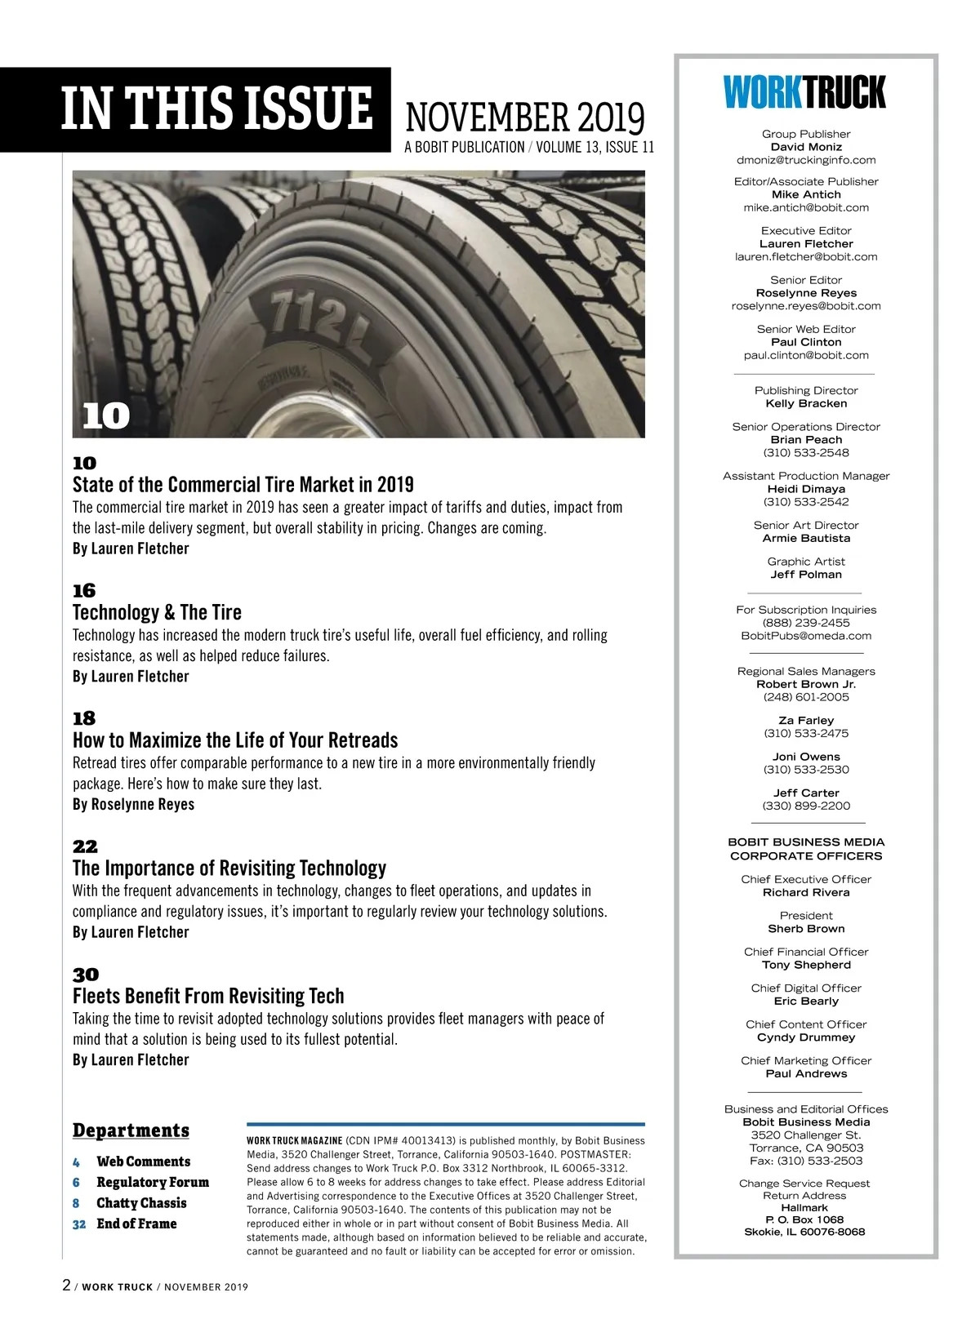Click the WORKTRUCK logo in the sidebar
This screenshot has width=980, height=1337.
tap(804, 92)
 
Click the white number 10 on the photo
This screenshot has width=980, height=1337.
tap(106, 416)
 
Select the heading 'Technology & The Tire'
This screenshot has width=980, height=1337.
tap(157, 612)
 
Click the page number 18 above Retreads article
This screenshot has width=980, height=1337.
tap(84, 718)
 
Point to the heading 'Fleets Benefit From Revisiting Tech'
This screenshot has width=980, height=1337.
tap(208, 996)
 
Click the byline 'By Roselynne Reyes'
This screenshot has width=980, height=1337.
tap(133, 804)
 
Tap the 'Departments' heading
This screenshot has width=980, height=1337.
tap(131, 1130)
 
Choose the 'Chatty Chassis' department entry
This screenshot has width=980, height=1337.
tap(141, 1203)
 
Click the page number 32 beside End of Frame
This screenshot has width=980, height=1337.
tap(78, 1224)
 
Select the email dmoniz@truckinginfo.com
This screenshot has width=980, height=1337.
tap(806, 160)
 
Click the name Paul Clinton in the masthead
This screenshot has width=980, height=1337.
tap(806, 342)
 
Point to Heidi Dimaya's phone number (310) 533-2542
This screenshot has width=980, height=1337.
tap(806, 502)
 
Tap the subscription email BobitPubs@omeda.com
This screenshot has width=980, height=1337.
tap(806, 636)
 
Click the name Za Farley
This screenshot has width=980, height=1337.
tap(806, 721)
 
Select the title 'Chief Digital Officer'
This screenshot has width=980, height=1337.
tap(806, 988)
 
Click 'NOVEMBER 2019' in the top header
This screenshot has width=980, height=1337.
tap(525, 118)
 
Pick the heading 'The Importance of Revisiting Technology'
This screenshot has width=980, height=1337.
tap(229, 868)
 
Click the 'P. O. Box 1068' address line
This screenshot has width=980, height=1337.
tap(804, 1219)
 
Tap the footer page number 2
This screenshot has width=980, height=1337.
tap(66, 1286)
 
